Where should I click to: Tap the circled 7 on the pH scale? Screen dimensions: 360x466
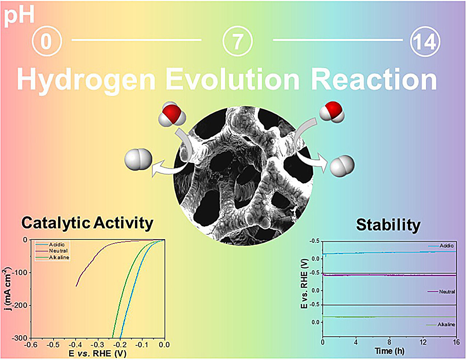click(237, 41)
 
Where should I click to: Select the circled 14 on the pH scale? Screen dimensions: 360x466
click(425, 42)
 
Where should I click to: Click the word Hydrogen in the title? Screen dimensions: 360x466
click(86, 80)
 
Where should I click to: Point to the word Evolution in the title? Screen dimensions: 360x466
click(233, 79)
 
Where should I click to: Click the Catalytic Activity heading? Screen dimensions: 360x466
click(87, 223)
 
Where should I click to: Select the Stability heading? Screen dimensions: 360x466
click(388, 225)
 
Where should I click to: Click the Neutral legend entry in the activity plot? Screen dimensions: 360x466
click(58, 251)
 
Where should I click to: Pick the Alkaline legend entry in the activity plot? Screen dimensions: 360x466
click(59, 257)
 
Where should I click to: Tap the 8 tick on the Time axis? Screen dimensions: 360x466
click(389, 342)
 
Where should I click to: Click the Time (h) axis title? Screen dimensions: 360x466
click(389, 351)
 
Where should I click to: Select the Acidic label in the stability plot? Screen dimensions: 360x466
click(446, 246)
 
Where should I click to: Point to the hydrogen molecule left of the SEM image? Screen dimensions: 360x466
click(135, 159)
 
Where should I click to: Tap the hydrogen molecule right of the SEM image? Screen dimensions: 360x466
click(342, 166)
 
